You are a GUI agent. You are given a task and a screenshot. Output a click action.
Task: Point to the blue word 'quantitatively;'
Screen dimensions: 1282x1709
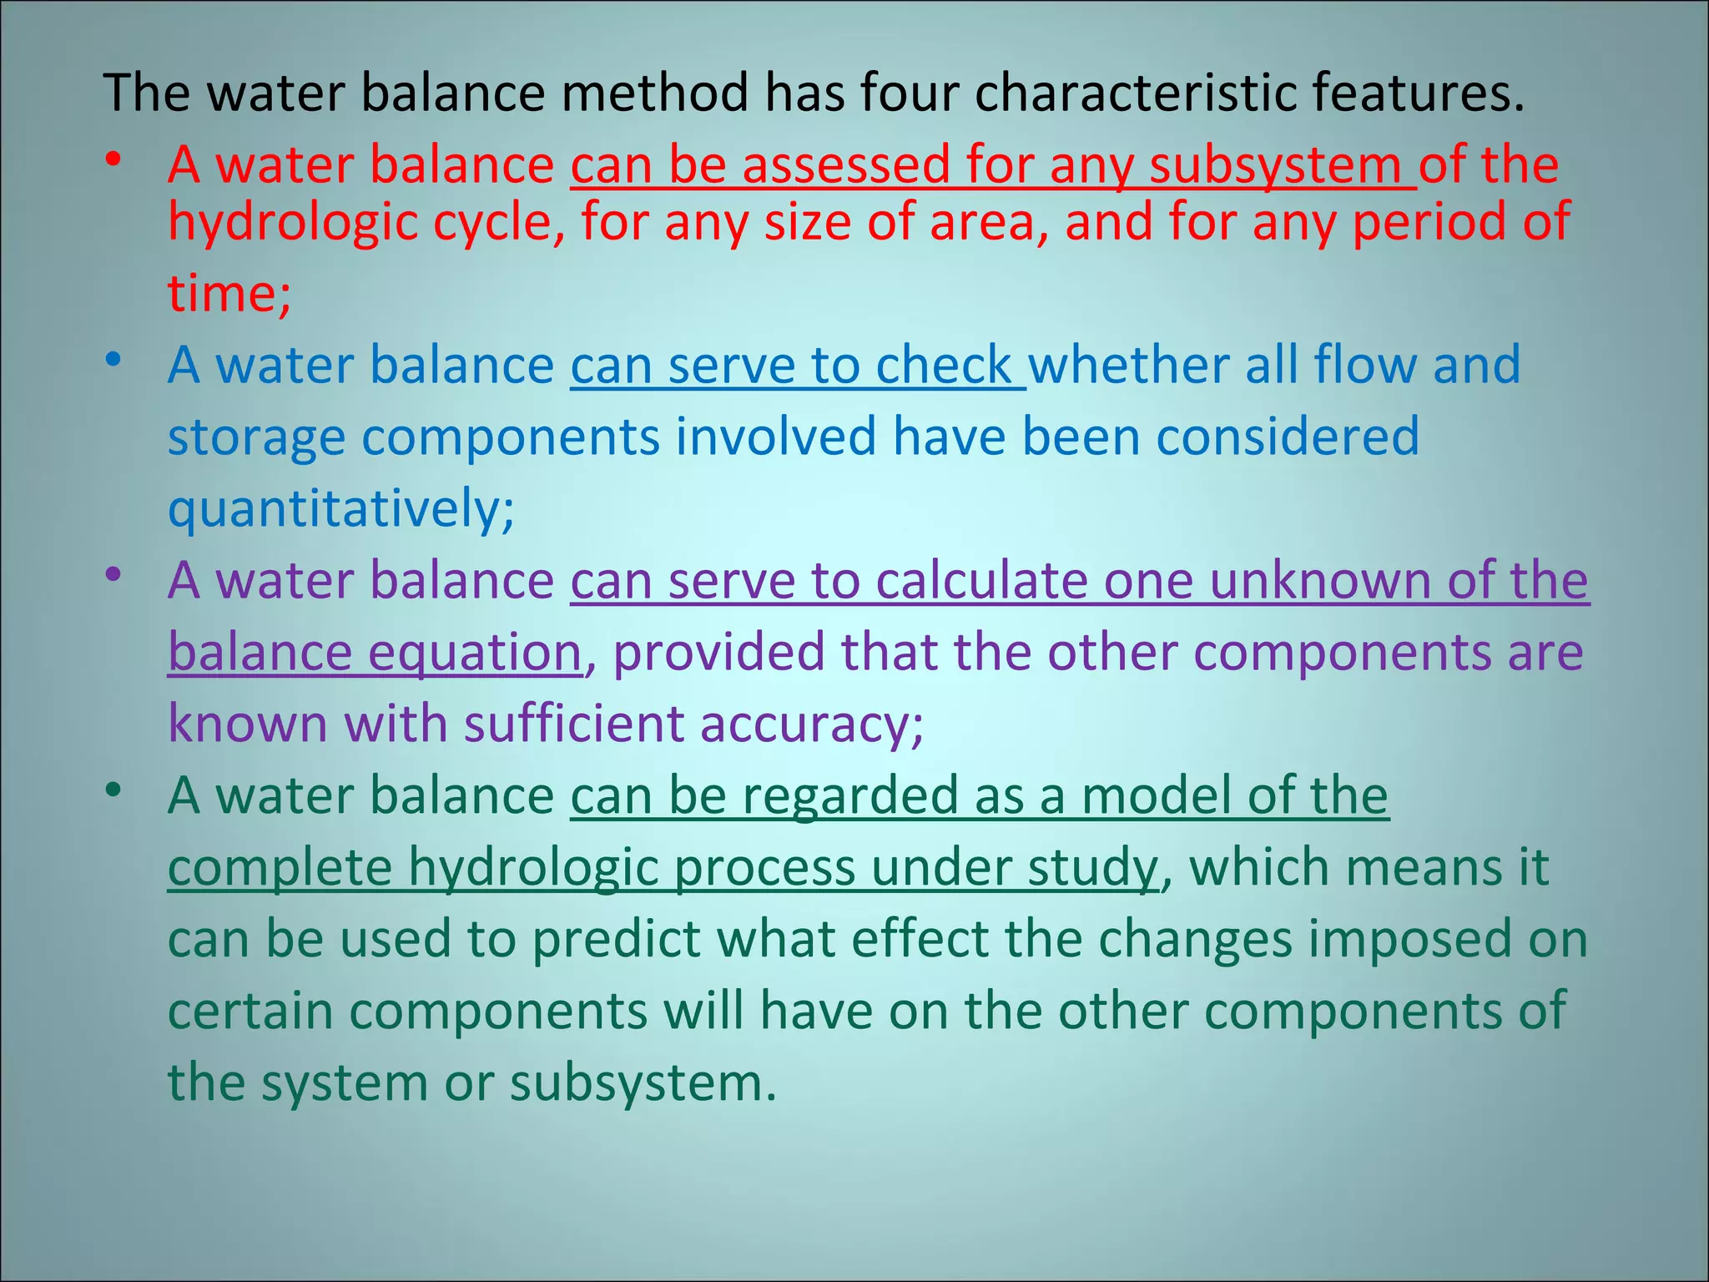[x=341, y=509]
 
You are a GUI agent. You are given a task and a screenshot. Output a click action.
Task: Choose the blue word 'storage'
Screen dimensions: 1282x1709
[x=256, y=437]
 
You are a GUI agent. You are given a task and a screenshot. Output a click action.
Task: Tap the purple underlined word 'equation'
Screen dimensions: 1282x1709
[x=475, y=652]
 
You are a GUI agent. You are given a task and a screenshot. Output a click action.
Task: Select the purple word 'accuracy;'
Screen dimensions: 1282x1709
[x=811, y=724]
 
